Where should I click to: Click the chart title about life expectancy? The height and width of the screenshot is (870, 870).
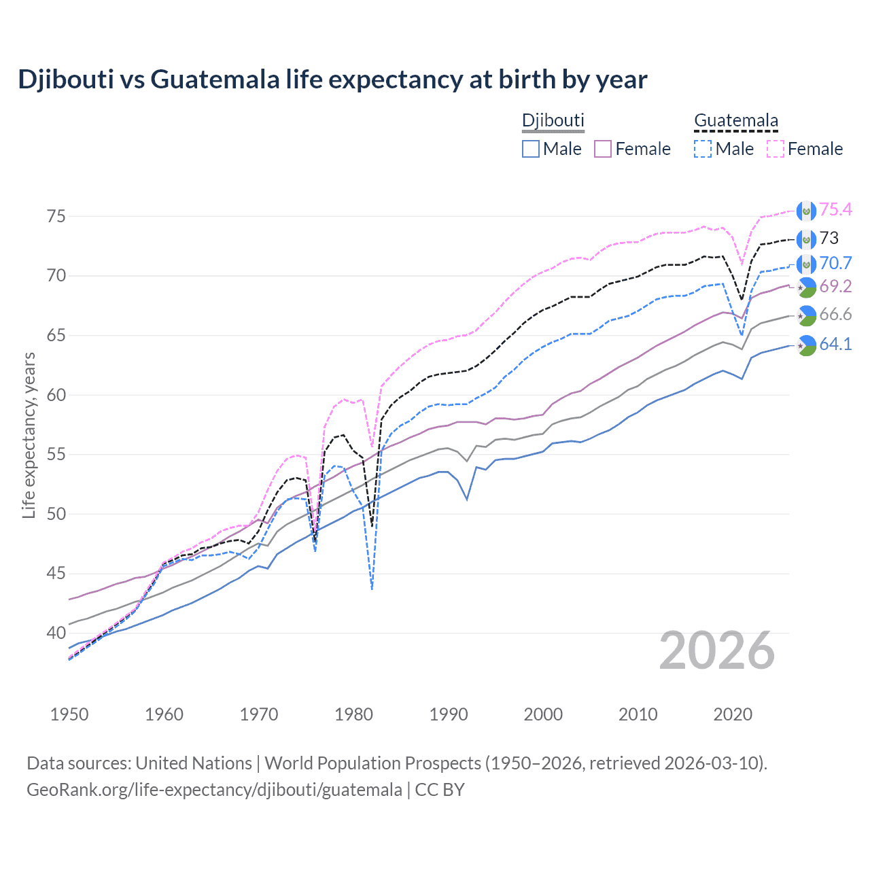(x=332, y=80)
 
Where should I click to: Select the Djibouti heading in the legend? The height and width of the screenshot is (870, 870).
(x=553, y=120)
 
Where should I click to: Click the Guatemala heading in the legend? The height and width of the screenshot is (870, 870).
(x=735, y=120)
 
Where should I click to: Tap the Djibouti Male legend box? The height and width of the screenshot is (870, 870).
(x=531, y=149)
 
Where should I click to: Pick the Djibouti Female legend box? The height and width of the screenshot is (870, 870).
(x=604, y=149)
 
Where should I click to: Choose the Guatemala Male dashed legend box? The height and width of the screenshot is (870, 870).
(x=703, y=149)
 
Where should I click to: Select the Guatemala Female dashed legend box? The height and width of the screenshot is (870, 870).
(x=776, y=149)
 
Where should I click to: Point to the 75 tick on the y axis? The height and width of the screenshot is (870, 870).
(x=56, y=216)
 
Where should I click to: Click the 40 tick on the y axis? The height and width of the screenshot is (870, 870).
(x=56, y=633)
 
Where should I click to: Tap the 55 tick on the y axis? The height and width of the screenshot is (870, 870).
(x=56, y=454)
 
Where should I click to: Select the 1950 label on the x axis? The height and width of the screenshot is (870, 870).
(x=69, y=714)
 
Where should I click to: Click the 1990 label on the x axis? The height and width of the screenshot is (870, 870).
(x=449, y=714)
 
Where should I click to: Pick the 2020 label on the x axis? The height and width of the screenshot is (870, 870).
(x=733, y=714)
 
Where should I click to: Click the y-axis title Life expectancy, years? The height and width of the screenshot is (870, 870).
(x=29, y=435)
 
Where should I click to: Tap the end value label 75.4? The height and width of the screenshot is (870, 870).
(x=835, y=209)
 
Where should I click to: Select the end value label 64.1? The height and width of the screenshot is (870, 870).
(x=835, y=344)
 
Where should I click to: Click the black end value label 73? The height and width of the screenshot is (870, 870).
(x=829, y=238)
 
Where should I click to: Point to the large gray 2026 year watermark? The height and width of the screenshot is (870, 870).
(x=717, y=650)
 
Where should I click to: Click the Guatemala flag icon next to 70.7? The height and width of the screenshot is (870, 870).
(x=806, y=264)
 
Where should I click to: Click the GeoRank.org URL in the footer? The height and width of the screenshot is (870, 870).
(x=214, y=790)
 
